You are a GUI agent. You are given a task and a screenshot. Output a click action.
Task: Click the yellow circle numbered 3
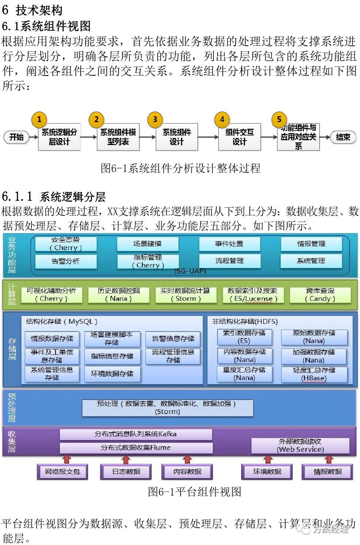click(155, 120)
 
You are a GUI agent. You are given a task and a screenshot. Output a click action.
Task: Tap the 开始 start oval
click(16, 137)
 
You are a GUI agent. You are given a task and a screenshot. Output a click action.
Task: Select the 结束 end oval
click(343, 137)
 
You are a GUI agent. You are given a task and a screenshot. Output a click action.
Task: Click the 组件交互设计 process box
click(239, 137)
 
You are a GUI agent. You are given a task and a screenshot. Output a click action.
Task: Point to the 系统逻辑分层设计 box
click(59, 137)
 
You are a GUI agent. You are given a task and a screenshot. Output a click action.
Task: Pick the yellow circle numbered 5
click(279, 119)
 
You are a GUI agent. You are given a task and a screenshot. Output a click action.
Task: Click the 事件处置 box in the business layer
click(229, 244)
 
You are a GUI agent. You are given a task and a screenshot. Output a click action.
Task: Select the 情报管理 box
click(311, 244)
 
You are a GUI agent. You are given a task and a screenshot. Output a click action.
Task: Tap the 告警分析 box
click(65, 261)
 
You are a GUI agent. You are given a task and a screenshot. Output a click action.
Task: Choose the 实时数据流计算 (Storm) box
click(185, 295)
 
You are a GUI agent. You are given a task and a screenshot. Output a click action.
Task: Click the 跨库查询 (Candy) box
click(320, 295)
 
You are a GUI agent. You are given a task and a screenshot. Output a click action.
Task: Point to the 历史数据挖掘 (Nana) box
click(118, 295)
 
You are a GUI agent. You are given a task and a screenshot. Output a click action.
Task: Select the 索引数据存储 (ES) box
click(244, 337)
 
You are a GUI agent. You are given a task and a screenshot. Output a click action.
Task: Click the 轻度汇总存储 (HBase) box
click(314, 374)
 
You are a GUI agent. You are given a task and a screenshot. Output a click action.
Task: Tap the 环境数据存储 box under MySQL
click(112, 374)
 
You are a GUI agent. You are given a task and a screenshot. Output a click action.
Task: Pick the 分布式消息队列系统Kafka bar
click(136, 434)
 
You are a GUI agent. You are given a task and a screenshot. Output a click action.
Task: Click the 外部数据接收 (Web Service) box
click(300, 445)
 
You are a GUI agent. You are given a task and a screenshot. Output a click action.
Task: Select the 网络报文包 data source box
click(62, 472)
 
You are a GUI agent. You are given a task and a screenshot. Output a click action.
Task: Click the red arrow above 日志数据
click(126, 460)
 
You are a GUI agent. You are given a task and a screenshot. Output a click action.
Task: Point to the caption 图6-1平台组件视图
click(195, 492)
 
